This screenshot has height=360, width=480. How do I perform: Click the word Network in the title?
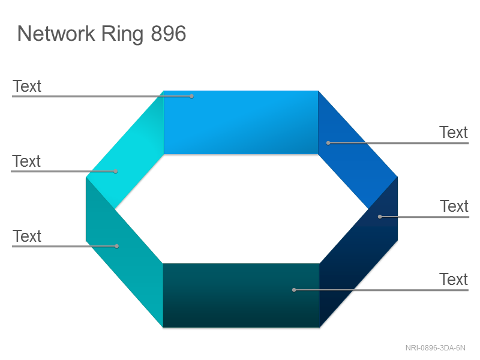coord(56,34)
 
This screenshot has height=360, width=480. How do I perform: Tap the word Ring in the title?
coord(122,35)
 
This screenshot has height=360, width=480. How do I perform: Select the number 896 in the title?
coord(169,34)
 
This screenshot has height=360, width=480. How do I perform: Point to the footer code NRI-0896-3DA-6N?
coord(436,348)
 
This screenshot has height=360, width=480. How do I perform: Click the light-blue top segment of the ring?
coord(241,122)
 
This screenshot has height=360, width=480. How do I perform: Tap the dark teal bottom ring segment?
coord(241,295)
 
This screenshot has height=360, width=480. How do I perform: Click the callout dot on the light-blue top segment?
coord(191,97)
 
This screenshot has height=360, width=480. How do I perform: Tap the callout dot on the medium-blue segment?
coord(328,143)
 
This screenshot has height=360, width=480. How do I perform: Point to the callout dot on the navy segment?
coord(380,217)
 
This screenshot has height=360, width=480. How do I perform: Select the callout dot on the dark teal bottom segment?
coord(294,290)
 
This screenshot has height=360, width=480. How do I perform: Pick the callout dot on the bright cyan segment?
coord(116,172)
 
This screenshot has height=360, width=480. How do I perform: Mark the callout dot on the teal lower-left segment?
coord(116,246)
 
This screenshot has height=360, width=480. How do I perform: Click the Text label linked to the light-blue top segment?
coord(27,86)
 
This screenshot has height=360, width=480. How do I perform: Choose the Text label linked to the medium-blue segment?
coord(454,132)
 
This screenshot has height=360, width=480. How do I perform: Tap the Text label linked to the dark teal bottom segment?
coord(454,279)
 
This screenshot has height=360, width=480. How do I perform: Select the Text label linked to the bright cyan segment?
coord(26,161)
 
